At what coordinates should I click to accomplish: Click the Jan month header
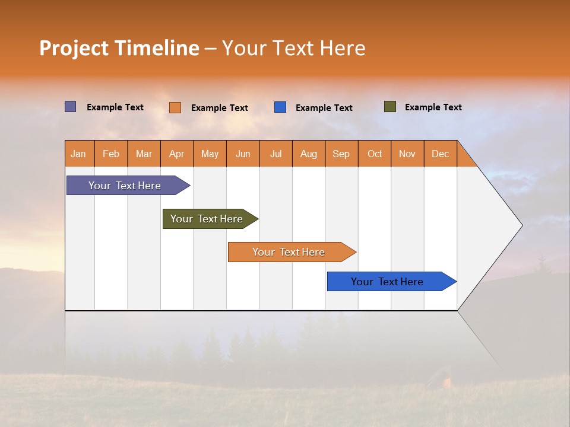(79, 154)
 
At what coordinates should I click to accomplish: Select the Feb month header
(111, 154)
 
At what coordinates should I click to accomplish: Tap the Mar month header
(144, 154)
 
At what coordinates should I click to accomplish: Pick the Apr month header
(176, 154)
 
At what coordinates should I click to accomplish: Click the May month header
(210, 154)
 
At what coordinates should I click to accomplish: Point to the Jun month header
(243, 154)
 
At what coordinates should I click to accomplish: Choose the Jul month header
(275, 154)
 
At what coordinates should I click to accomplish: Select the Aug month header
(308, 154)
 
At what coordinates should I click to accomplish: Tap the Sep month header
(341, 154)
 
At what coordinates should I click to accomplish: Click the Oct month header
(375, 154)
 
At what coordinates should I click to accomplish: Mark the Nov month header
(407, 154)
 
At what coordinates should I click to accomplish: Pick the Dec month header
(440, 154)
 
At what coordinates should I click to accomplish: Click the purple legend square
(71, 107)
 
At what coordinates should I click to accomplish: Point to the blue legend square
(280, 107)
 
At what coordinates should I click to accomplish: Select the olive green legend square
(390, 107)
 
